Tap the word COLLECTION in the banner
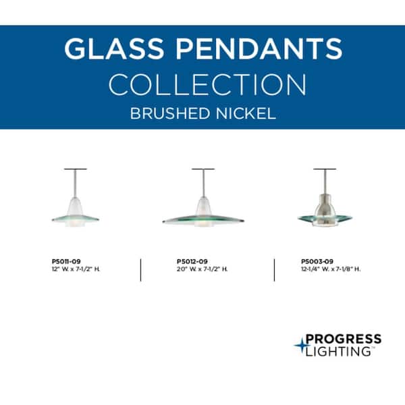tap(207, 85)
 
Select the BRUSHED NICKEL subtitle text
tap(203, 113)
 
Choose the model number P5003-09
tap(317, 261)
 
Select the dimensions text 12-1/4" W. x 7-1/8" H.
tap(331, 269)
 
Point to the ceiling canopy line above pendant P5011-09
tap(76, 169)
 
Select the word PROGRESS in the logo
tap(343, 339)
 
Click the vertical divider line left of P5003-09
tap(275, 269)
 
